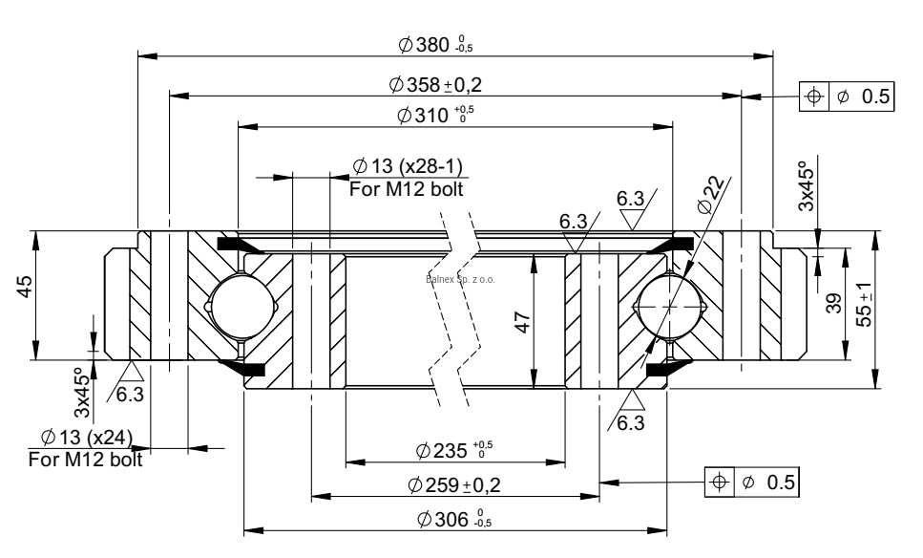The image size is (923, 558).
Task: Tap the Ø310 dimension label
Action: click(435, 116)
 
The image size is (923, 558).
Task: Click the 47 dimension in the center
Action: click(521, 321)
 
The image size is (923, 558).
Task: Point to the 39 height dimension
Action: click(833, 304)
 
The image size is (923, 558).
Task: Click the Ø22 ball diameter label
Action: click(715, 195)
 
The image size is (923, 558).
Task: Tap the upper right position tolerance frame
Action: click(846, 97)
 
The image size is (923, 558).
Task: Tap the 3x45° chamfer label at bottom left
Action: click(84, 395)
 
